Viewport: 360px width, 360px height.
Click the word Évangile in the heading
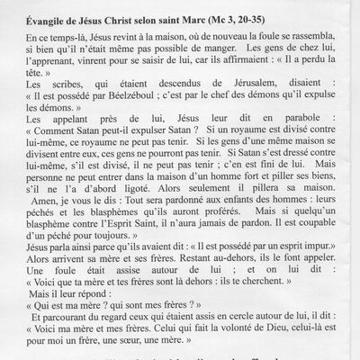coord(44,13)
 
